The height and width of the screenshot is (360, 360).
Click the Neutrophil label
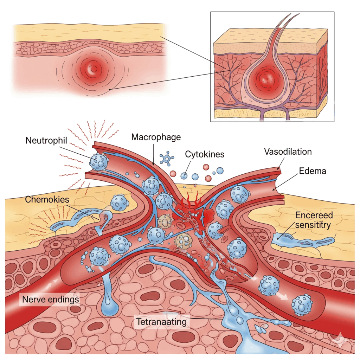pos(46,141)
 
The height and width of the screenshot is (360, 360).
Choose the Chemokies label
pos(47,199)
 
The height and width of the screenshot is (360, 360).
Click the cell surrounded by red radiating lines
pos(98,161)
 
